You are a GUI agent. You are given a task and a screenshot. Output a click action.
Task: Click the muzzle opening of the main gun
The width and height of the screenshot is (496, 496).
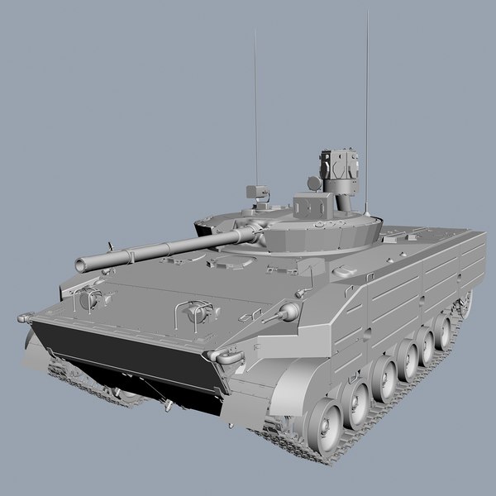[x=81, y=265]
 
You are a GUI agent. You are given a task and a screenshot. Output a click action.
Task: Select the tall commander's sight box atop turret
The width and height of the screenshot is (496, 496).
[x=342, y=165]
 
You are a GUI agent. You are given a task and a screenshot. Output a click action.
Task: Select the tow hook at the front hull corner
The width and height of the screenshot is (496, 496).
[x=222, y=356]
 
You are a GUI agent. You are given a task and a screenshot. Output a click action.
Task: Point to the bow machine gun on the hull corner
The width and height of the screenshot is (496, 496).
[x=288, y=312]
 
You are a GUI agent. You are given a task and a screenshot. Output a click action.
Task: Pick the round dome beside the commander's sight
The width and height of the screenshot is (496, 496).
[x=314, y=181]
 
